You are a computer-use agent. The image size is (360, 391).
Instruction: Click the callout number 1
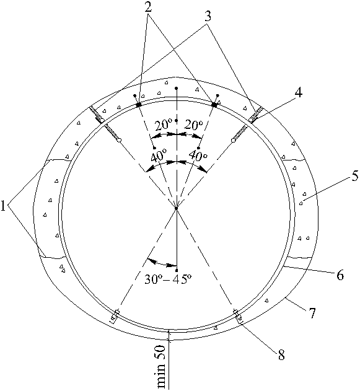click(3, 206)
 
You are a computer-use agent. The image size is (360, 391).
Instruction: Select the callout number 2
click(148, 7)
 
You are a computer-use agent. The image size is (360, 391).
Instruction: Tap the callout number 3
click(208, 17)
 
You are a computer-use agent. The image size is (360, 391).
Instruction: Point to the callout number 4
click(298, 93)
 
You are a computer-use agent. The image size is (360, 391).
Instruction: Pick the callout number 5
click(355, 175)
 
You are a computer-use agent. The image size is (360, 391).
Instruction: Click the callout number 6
click(340, 275)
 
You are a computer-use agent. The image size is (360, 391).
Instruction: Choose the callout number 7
click(312, 313)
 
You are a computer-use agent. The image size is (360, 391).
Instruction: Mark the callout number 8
click(281, 355)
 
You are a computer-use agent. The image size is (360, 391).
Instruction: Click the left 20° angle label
click(164, 125)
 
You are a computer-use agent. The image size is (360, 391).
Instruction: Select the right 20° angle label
click(194, 125)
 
